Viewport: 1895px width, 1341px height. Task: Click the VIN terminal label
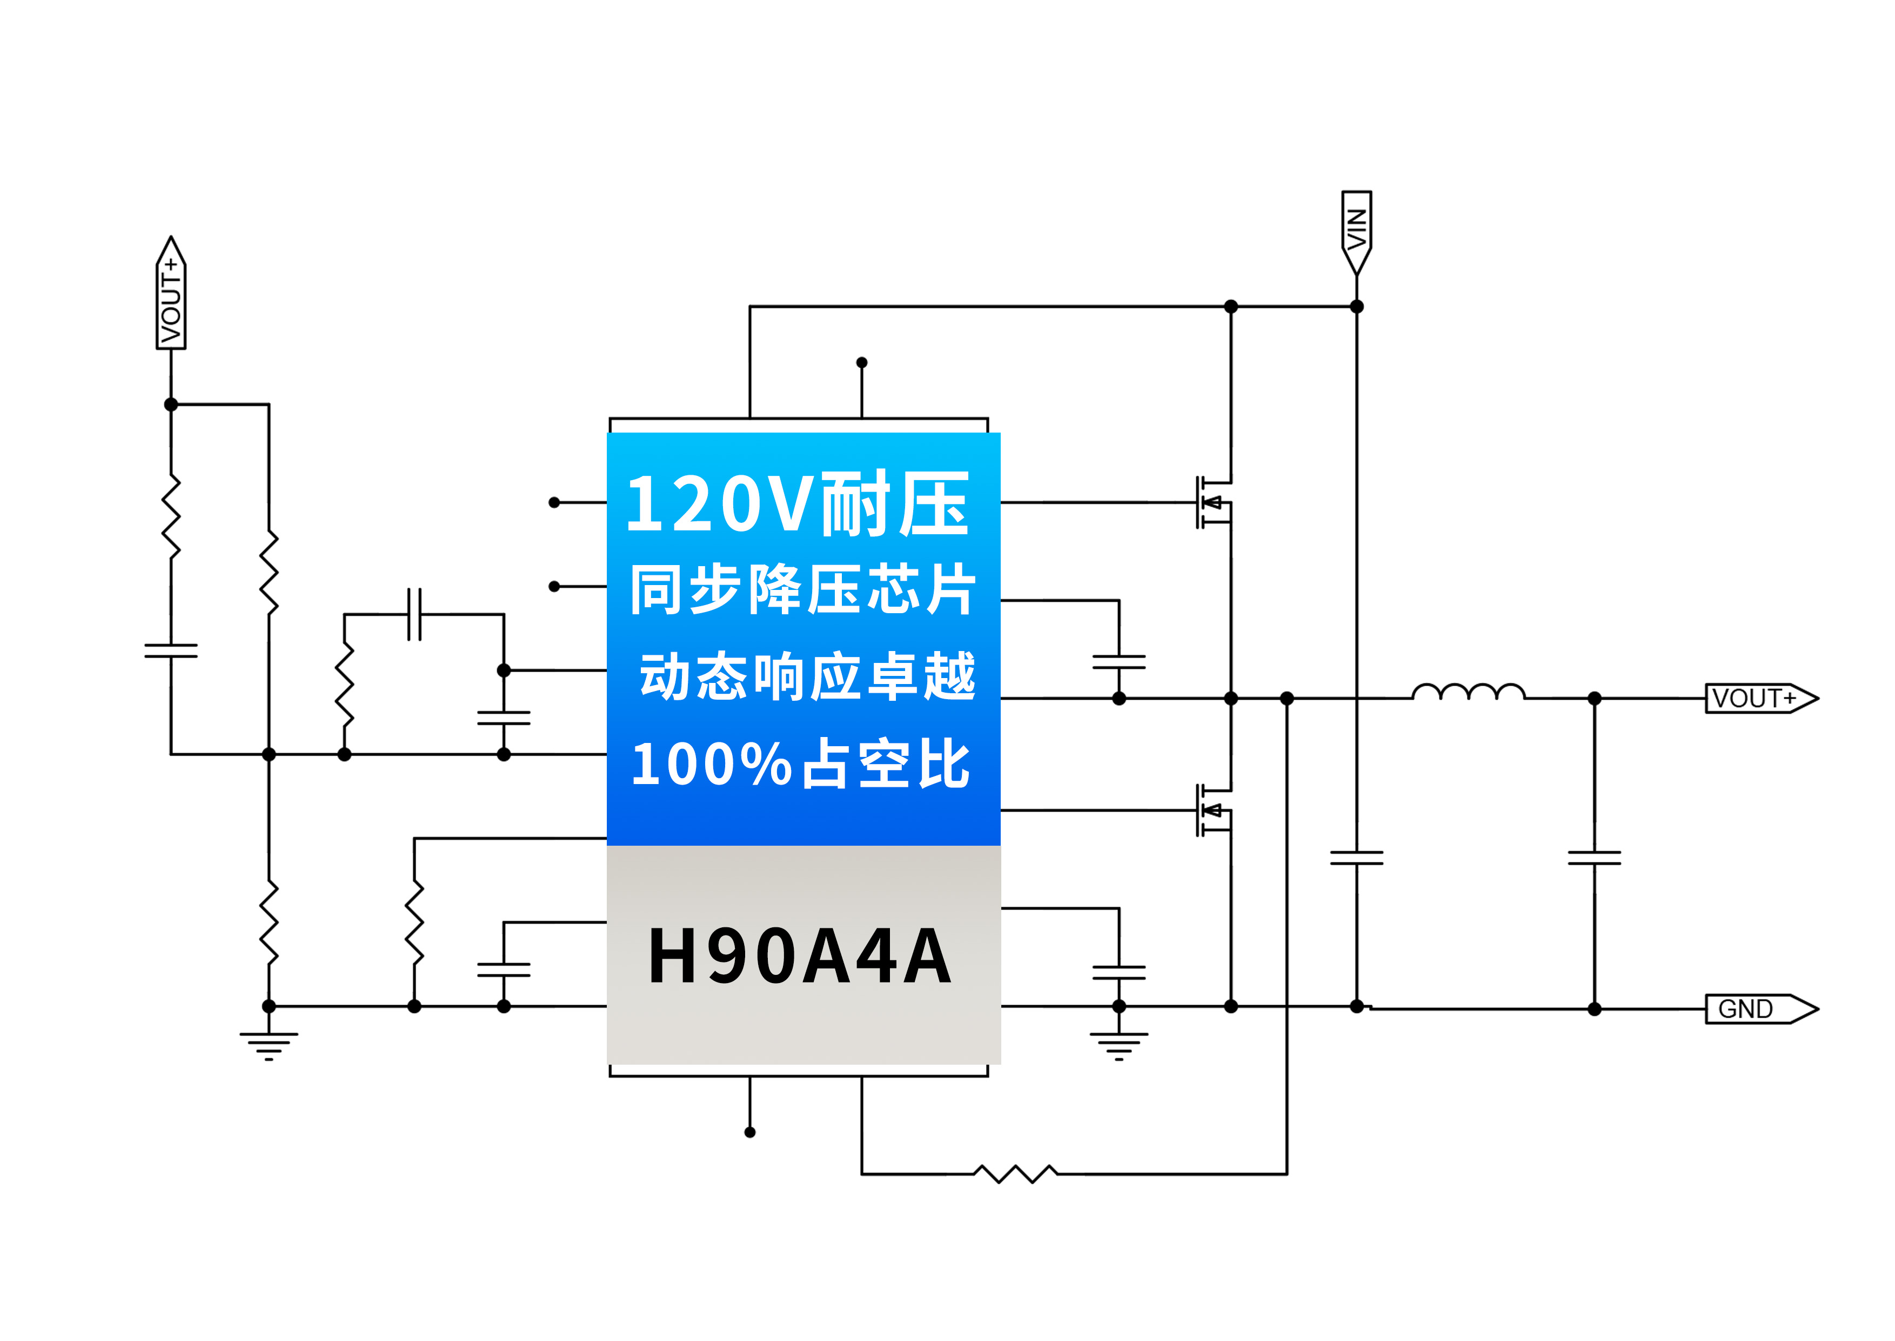pyautogui.click(x=1356, y=230)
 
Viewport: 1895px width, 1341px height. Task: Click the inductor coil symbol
pyautogui.click(x=1468, y=692)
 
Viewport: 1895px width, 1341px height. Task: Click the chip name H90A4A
pyautogui.click(x=801, y=955)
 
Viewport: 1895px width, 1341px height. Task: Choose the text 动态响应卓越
pyautogui.click(x=807, y=676)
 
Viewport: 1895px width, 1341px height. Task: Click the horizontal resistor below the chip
pyautogui.click(x=1015, y=1173)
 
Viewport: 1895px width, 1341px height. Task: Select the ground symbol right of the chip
pyautogui.click(x=1119, y=1045)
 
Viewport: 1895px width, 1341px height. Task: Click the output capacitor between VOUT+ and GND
pyautogui.click(x=1593, y=858)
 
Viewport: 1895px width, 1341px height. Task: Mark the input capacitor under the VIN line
pyautogui.click(x=1356, y=858)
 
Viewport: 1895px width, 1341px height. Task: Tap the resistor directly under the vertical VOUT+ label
pyautogui.click(x=171, y=516)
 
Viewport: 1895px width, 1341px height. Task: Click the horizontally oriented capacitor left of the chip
pyautogui.click(x=414, y=614)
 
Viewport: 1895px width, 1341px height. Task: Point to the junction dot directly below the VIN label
pyautogui.click(x=1356, y=307)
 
